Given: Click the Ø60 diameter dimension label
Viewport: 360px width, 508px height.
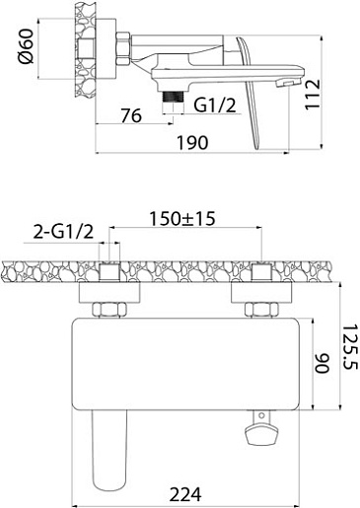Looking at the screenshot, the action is click(x=26, y=46).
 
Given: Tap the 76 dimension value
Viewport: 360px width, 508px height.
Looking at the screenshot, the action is click(x=131, y=115).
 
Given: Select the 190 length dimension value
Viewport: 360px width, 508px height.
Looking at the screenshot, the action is click(x=192, y=143).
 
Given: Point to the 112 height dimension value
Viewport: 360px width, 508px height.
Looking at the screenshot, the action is click(x=312, y=95).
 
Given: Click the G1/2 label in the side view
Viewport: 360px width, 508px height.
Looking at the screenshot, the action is click(x=215, y=106).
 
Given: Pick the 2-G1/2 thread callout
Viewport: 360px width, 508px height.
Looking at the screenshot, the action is click(x=63, y=232).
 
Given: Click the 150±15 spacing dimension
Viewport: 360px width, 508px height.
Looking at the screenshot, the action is click(x=182, y=219).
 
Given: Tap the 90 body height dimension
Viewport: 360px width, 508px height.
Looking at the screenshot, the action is click(x=323, y=363).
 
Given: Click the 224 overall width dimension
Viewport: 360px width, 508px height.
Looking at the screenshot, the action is click(x=185, y=494).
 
